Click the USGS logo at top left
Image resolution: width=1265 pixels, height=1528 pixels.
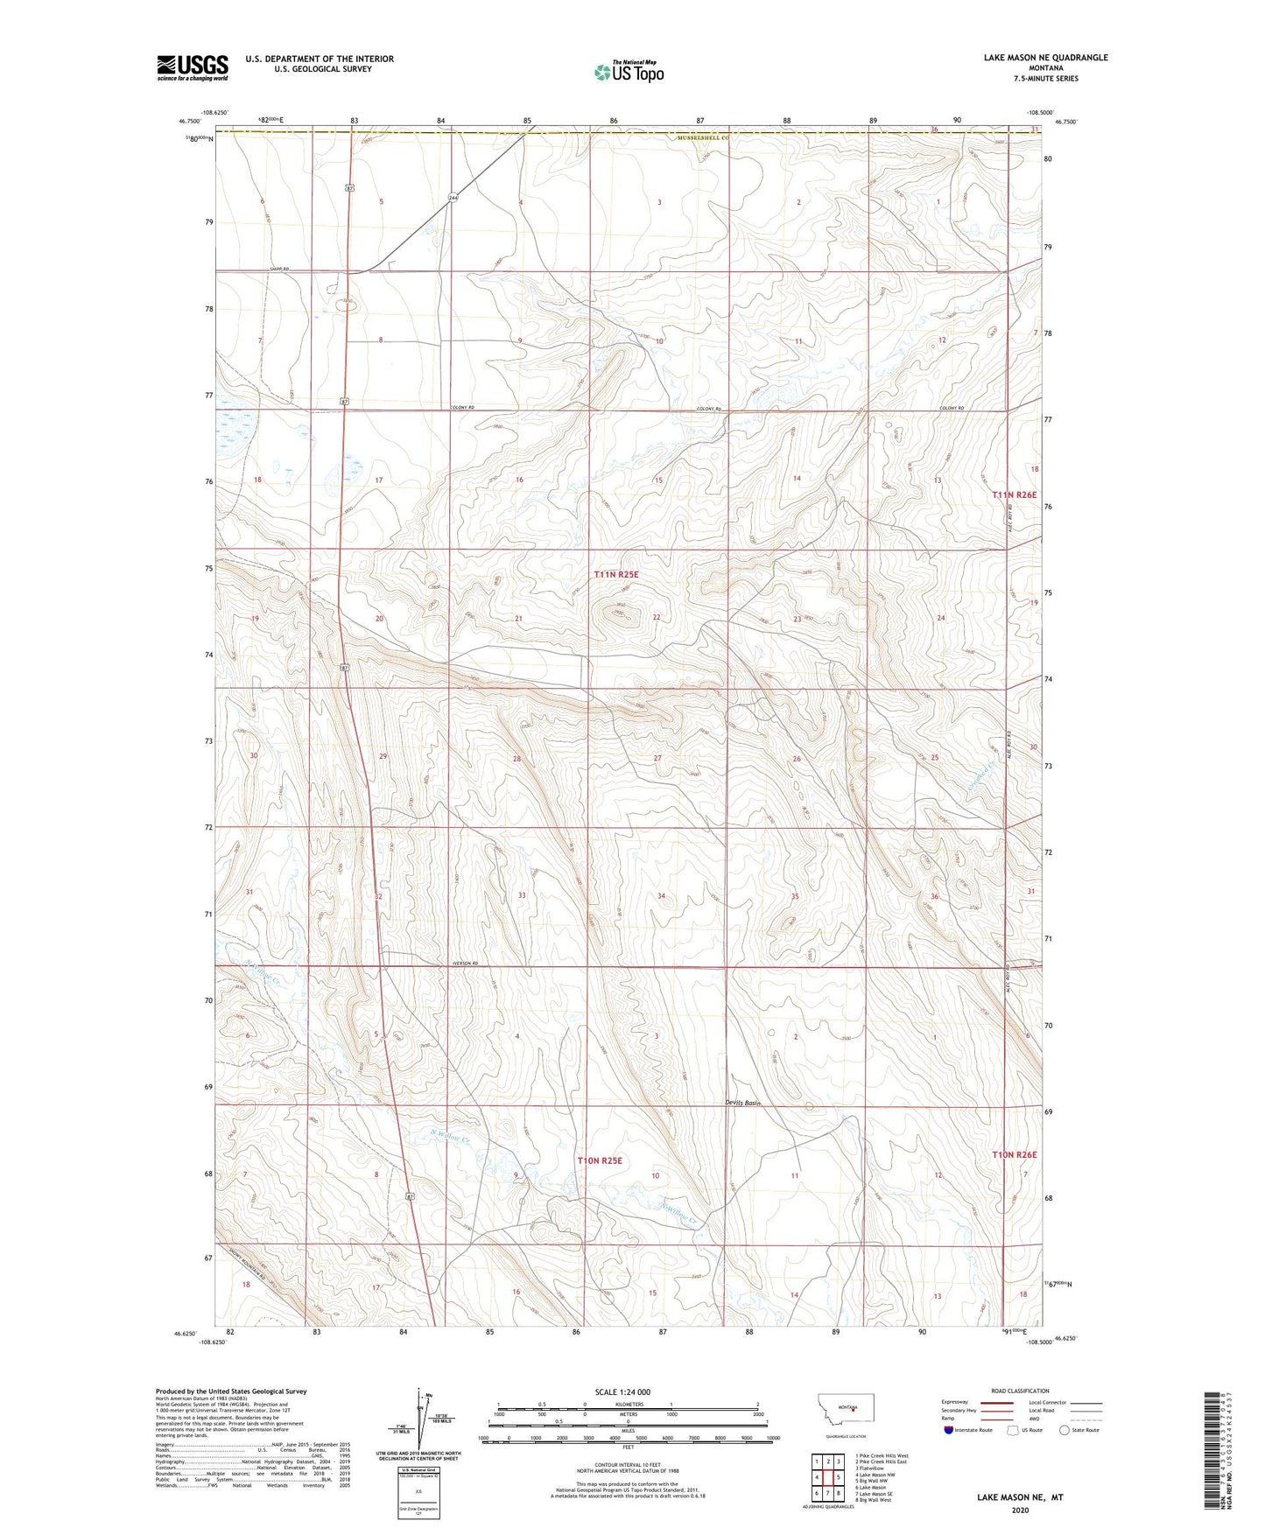[x=192, y=67]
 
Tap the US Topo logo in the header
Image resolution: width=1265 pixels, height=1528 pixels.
[x=628, y=71]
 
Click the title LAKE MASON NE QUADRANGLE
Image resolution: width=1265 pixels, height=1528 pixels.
[x=1045, y=58]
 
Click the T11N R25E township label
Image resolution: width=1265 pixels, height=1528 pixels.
[x=616, y=575]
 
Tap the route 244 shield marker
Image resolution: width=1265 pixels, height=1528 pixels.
[x=453, y=198]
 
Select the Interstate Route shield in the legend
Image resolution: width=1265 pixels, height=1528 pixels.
[x=949, y=1430]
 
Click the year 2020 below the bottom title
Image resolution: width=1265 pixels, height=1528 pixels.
[x=1019, y=1510]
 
